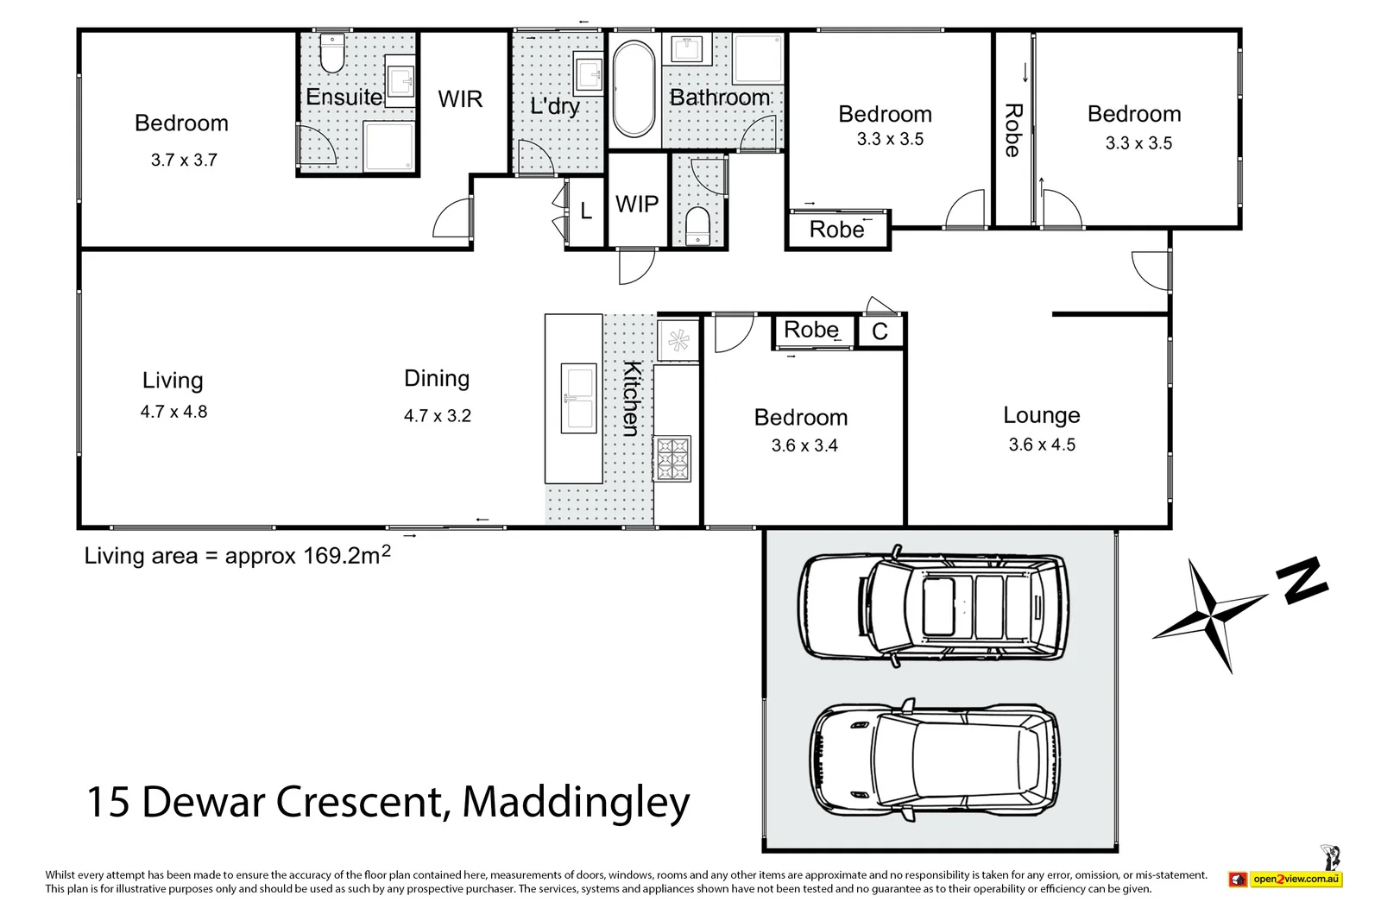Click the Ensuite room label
point(344,97)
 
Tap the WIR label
point(460,99)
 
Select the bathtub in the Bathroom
point(634,89)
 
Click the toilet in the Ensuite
point(331,54)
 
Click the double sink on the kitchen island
point(578,398)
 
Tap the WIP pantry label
point(637,205)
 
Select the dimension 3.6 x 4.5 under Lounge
point(1042,445)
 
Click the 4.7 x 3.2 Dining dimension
point(438,416)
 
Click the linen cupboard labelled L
point(586,211)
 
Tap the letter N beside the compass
point(1304,580)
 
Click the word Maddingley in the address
point(576,803)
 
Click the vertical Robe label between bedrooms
point(1013,129)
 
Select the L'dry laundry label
point(554,106)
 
